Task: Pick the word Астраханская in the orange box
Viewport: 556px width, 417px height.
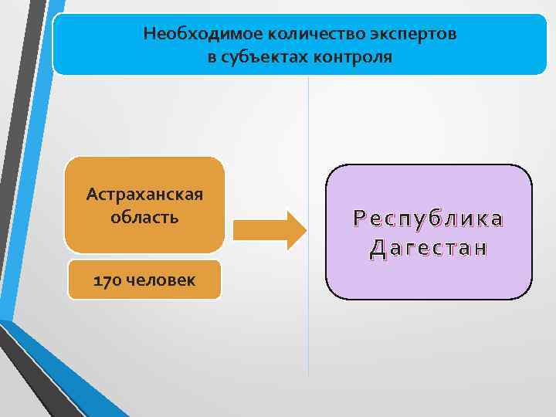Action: tap(144, 193)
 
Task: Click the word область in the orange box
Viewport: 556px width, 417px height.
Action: tap(144, 217)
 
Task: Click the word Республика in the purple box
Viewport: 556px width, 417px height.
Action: tap(429, 219)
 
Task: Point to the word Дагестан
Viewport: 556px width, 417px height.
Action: tap(429, 248)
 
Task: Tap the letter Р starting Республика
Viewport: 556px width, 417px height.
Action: tap(359, 219)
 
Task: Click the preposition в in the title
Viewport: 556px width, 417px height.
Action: tap(212, 58)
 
